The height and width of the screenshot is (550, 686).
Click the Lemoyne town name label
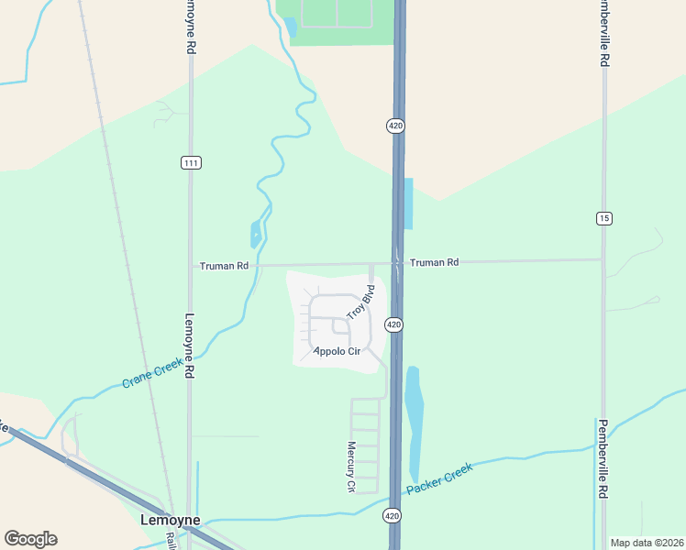click(170, 520)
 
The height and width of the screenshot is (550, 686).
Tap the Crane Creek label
click(152, 372)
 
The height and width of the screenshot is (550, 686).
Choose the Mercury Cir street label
click(350, 467)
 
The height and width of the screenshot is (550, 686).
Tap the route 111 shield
click(190, 163)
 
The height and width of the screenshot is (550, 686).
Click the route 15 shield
click(603, 218)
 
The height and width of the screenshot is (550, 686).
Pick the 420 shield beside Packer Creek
click(392, 516)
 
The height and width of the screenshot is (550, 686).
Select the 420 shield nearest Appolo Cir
click(393, 324)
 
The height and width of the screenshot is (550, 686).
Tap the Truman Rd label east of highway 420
click(435, 262)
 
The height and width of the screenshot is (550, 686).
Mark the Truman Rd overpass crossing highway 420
click(398, 262)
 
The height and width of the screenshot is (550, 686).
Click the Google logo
click(30, 539)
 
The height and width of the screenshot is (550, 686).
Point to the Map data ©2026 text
click(646, 543)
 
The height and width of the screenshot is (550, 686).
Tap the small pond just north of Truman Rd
click(255, 234)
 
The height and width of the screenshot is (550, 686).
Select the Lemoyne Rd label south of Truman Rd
click(190, 346)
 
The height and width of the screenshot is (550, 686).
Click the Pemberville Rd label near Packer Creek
click(603, 458)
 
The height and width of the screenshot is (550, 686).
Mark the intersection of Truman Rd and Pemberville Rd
click(603, 259)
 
